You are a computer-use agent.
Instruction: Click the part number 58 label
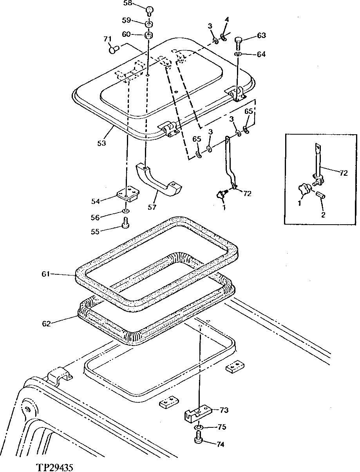coord(128,4)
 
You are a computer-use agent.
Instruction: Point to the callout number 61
coord(46,274)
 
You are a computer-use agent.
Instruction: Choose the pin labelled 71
coord(113,50)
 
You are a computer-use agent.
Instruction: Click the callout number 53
coord(101,143)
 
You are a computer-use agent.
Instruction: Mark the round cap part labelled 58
coord(149,9)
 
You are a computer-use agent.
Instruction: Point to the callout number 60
coord(127,34)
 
